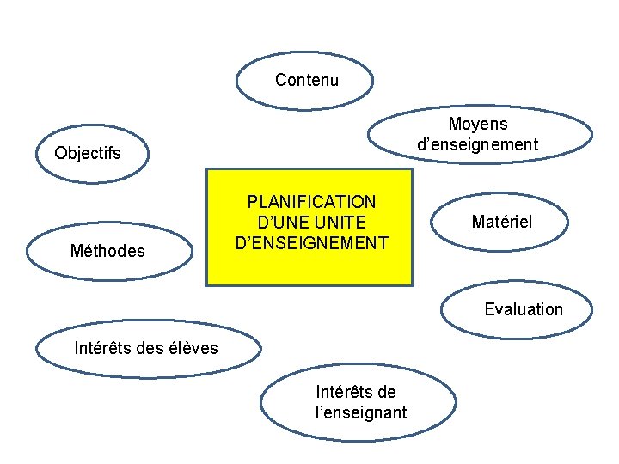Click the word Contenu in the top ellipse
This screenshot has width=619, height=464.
click(x=307, y=81)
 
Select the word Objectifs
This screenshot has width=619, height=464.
click(x=88, y=154)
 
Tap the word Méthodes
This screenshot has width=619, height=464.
click(x=107, y=251)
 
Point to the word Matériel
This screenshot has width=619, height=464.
click(x=502, y=222)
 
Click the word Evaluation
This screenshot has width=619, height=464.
click(x=524, y=309)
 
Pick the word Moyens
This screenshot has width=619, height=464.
click(x=478, y=125)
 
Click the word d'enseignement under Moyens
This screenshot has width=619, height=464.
click(x=478, y=144)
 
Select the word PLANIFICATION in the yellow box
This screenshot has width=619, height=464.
click(x=311, y=202)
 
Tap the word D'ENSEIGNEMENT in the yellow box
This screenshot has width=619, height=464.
click(x=311, y=242)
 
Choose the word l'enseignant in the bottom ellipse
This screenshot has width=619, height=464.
click(x=361, y=412)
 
